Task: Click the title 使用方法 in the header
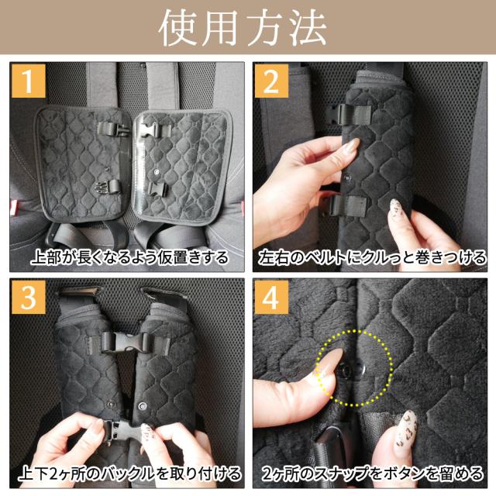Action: [x=243, y=28]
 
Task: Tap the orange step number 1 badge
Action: [x=29, y=81]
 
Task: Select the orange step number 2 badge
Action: [x=271, y=81]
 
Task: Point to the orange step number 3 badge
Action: [x=29, y=298]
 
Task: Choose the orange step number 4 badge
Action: [x=271, y=298]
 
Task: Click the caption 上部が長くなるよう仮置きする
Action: [x=129, y=257]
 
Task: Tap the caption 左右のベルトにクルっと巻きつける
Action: [x=371, y=257]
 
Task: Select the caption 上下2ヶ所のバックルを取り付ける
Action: [x=129, y=474]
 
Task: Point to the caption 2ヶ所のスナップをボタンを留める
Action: [x=372, y=474]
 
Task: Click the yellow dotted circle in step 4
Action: [x=355, y=331]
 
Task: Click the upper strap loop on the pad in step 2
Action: [x=350, y=114]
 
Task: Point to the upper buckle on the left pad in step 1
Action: [x=113, y=129]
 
